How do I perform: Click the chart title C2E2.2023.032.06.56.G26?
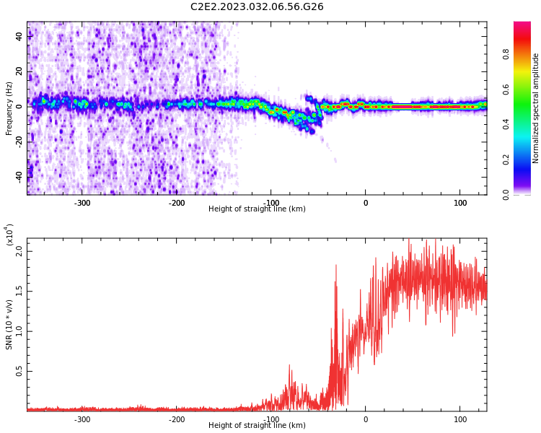click(257, 7)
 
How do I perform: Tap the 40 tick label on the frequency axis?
click(19, 36)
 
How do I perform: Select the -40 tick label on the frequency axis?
click(19, 178)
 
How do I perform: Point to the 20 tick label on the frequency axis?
click(19, 71)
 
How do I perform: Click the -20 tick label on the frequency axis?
click(19, 142)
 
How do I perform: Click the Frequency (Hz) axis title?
click(9, 108)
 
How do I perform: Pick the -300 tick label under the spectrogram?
click(82, 203)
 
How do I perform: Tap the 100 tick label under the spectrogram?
click(460, 203)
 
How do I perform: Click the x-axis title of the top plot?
click(257, 209)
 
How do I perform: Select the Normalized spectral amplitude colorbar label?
click(535, 108)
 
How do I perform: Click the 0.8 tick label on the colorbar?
click(506, 54)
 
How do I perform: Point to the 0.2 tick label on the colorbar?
click(506, 160)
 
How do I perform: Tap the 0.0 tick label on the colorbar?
click(506, 195)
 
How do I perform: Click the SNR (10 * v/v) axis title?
click(9, 325)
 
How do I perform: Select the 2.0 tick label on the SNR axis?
click(19, 251)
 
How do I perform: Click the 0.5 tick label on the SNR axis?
click(19, 371)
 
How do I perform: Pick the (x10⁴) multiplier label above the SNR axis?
click(9, 235)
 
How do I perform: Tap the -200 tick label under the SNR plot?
click(176, 419)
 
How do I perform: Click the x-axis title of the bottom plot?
click(257, 425)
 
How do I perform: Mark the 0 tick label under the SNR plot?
click(366, 419)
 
